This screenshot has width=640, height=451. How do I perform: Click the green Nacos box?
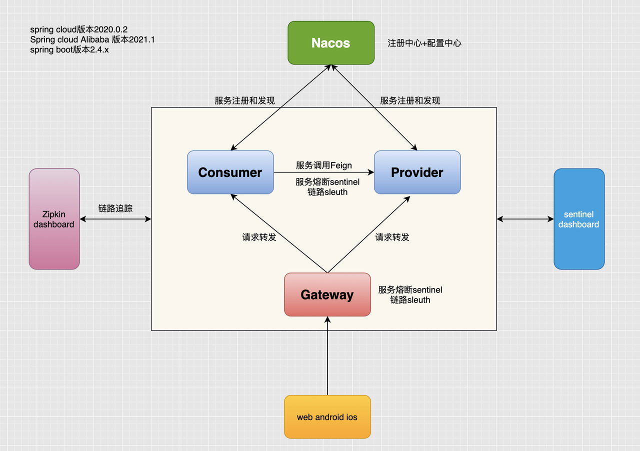[330, 42]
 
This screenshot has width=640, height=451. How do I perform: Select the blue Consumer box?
[230, 172]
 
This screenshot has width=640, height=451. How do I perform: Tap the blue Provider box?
[417, 172]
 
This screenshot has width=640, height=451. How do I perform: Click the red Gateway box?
[327, 294]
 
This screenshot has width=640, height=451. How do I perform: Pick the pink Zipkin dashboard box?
[54, 219]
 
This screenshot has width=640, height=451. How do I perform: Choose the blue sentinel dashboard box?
[578, 219]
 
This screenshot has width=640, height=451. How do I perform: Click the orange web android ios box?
[327, 416]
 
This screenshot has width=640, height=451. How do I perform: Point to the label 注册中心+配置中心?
[424, 43]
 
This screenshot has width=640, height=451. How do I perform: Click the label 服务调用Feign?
[323, 165]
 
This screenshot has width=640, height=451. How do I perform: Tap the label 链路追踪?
[115, 208]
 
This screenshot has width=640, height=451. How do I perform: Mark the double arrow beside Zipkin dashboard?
[115, 219]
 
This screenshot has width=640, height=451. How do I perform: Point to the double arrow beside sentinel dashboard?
[525, 219]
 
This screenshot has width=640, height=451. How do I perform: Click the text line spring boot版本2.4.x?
[69, 49]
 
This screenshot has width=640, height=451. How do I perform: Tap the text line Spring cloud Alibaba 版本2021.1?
[92, 39]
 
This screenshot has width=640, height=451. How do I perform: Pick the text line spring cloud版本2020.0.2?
[78, 29]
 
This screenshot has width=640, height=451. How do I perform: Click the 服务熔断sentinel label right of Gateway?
[410, 290]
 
